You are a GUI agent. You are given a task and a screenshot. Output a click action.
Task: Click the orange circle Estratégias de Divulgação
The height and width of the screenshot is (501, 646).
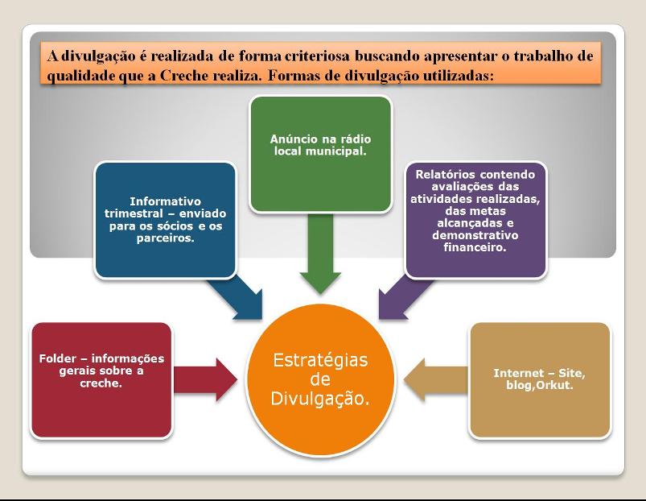coord(320,379)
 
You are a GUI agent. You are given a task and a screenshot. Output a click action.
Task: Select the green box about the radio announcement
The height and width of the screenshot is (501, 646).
coord(320,154)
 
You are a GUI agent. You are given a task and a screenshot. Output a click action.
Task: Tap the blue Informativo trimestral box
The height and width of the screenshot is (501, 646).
coord(165,220)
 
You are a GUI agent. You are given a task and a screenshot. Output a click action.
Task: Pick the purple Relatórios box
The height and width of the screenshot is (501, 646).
coord(475,220)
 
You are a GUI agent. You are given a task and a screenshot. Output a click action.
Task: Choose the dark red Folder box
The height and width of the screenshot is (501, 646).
coord(101,379)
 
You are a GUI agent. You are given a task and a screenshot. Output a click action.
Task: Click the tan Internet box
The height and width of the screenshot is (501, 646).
coord(540,379)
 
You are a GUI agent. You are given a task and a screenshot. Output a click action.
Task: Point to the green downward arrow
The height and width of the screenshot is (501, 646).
coord(320,253)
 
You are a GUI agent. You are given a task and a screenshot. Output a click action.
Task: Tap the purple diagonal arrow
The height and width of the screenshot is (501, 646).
coord(405,299)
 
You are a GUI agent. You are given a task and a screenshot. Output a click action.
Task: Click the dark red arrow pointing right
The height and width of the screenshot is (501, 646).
coord(205,379)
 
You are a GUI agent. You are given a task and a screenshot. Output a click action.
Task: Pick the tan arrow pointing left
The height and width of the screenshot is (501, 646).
coord(436,379)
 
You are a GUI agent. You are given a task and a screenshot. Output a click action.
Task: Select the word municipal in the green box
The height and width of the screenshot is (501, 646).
coord(335,151)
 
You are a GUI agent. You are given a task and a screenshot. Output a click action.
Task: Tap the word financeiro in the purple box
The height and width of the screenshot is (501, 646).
coord(475,247)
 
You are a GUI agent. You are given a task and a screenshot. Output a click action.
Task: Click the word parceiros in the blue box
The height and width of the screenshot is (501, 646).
coord(165,238)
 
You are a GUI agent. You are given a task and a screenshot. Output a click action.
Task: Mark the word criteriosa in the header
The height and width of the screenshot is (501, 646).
coord(317,56)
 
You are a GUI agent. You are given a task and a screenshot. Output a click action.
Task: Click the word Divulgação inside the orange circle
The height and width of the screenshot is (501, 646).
coord(320,400)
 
